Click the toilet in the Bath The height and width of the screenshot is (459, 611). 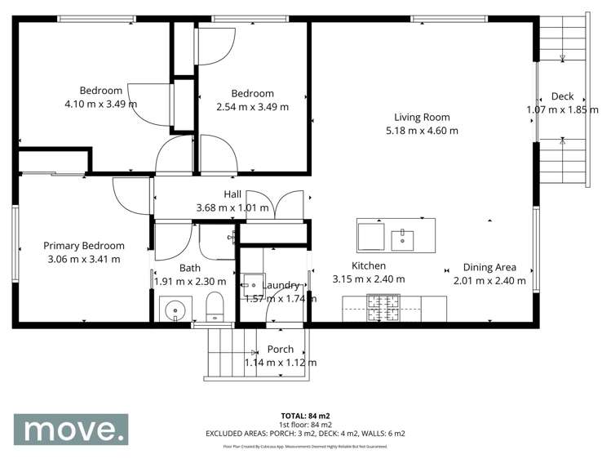[215, 309]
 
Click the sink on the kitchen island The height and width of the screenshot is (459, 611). [402, 238]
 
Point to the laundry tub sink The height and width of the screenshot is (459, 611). [251, 283]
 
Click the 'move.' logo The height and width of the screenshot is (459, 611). [70, 429]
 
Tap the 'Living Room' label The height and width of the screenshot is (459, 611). [422, 117]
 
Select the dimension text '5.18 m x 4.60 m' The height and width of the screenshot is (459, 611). [422, 130]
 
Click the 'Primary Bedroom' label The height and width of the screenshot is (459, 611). [84, 246]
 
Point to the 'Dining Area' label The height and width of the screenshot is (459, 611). [489, 267]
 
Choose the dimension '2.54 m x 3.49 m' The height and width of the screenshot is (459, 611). [252, 106]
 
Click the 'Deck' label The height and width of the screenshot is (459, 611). [562, 96]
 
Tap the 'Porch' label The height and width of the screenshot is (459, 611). [281, 350]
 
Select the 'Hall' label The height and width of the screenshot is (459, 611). [232, 194]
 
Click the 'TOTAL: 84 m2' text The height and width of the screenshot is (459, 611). [305, 416]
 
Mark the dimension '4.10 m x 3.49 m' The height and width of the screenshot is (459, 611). [100, 104]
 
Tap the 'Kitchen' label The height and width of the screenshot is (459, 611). [369, 265]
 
